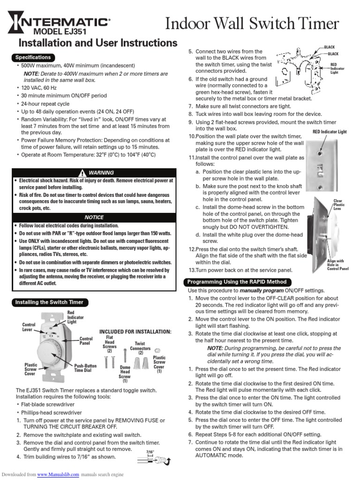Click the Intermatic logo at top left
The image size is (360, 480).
tap(59, 22)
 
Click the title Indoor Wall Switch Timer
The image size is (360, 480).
tap(252, 23)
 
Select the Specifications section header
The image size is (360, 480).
tap(33, 57)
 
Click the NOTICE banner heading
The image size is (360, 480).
tap(94, 217)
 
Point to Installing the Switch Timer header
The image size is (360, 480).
tap(49, 302)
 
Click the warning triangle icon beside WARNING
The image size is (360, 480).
tap(82, 172)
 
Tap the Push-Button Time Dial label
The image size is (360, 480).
tap(84, 367)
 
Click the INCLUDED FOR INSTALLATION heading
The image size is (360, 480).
tap(135, 332)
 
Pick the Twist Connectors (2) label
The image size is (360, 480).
tap(140, 348)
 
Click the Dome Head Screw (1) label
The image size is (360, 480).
tap(125, 374)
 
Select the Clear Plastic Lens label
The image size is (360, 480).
tap(338, 205)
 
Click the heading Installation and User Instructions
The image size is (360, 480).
tap(97, 43)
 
